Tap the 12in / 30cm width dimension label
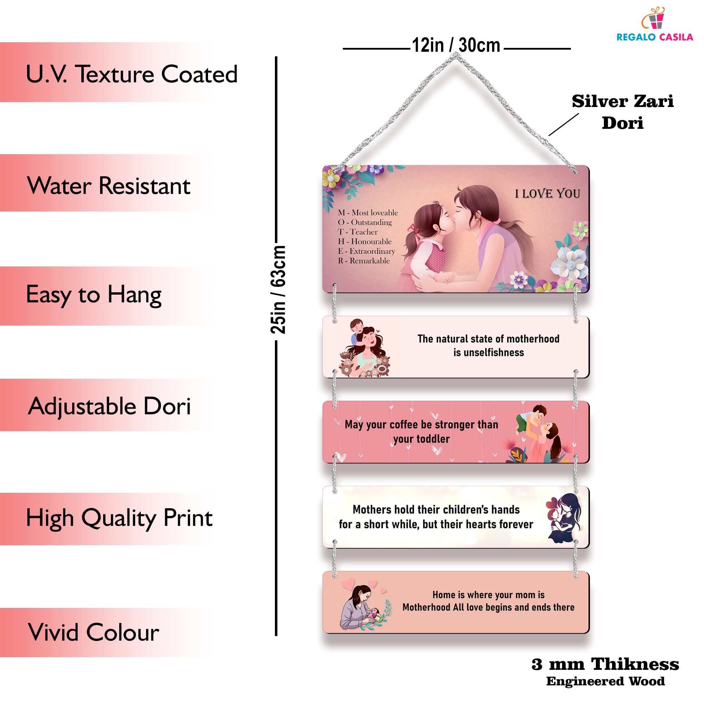pyautogui.click(x=456, y=45)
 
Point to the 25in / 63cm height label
pyautogui.click(x=278, y=290)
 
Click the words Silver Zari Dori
pyautogui.click(x=622, y=112)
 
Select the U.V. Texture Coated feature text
pyautogui.click(x=132, y=74)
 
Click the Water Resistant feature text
pyautogui.click(x=108, y=186)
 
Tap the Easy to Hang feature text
pyautogui.click(x=94, y=295)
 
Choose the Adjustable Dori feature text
pyautogui.click(x=109, y=406)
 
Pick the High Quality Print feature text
pyautogui.click(x=119, y=518)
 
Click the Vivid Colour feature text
pyautogui.click(x=94, y=632)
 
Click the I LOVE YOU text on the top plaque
pyautogui.click(x=547, y=194)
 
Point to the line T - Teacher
pyautogui.click(x=358, y=232)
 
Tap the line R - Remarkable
pyautogui.click(x=364, y=260)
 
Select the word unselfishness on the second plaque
pyautogui.click(x=488, y=352)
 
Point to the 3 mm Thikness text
pyautogui.click(x=605, y=664)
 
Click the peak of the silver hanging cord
pyautogui.click(x=455, y=55)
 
